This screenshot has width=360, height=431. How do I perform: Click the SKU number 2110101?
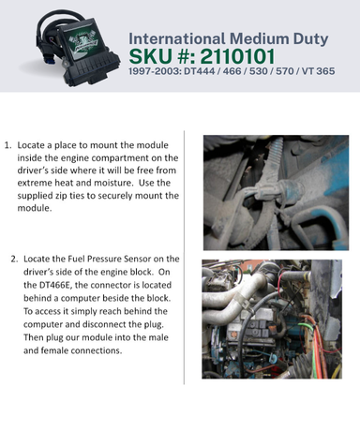(x=237, y=56)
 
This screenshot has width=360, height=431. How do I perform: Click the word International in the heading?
(x=177, y=38)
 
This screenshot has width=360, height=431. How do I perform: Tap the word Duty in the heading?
(x=310, y=39)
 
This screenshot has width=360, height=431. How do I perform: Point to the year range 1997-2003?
(x=155, y=71)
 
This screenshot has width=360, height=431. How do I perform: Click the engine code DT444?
(x=200, y=71)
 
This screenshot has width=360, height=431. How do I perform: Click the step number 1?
(x=7, y=145)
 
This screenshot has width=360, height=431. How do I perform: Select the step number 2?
(x=14, y=259)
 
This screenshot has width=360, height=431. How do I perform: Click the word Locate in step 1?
(x=28, y=145)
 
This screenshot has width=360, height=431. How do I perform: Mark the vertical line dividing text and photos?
(x=184, y=258)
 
